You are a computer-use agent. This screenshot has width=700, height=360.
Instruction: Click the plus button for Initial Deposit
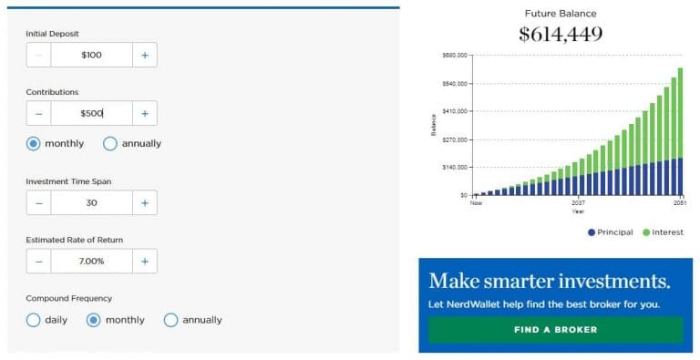(x=144, y=55)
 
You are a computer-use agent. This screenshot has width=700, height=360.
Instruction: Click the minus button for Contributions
(x=38, y=114)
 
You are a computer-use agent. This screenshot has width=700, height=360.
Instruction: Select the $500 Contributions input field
(x=91, y=114)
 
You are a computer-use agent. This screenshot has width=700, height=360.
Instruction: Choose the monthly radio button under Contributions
(x=34, y=143)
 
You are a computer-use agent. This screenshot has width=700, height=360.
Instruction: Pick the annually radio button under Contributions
(x=110, y=143)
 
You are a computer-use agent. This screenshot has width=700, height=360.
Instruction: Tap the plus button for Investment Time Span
(x=144, y=202)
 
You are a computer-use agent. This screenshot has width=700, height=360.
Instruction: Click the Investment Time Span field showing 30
(x=91, y=202)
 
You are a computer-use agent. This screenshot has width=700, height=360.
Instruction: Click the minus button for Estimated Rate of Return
(x=38, y=262)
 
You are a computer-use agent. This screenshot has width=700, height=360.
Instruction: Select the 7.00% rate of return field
(x=91, y=262)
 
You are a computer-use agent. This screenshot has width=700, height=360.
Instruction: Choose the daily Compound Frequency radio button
(x=34, y=320)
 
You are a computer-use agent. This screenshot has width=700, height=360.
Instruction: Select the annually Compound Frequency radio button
(x=170, y=320)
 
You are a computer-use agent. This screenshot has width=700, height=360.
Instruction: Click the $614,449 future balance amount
(x=561, y=35)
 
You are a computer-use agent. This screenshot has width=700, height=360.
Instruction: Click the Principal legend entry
(x=610, y=232)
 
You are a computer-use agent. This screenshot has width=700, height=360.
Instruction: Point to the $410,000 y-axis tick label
(x=454, y=111)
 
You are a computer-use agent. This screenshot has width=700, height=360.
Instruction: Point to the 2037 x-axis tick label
(x=578, y=202)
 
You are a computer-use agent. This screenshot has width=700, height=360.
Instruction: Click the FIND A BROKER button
(x=555, y=329)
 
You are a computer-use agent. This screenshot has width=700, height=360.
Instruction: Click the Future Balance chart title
(x=560, y=13)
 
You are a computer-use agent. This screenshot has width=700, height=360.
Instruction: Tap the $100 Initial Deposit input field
(x=91, y=55)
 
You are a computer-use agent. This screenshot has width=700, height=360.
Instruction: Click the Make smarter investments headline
(x=549, y=280)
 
